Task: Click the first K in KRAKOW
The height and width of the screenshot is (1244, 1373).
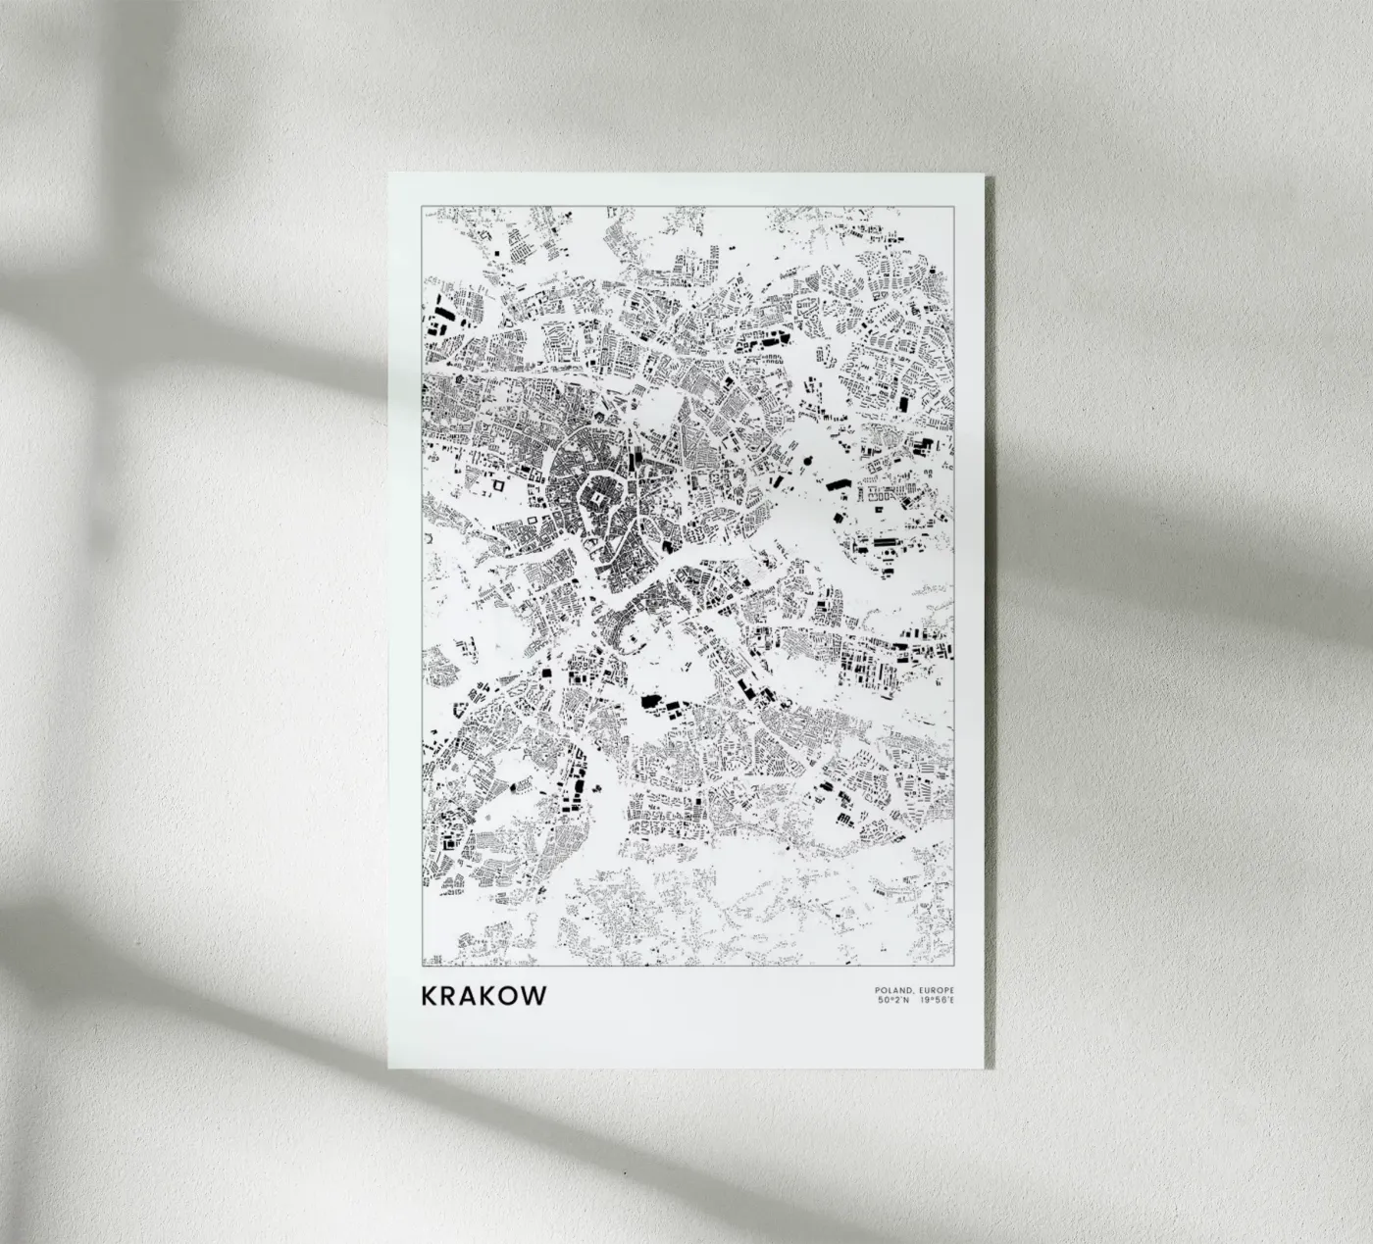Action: pyautogui.click(x=430, y=995)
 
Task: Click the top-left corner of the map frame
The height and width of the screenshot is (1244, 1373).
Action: pyautogui.click(x=422, y=208)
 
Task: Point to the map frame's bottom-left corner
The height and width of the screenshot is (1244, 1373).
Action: pyautogui.click(x=422, y=965)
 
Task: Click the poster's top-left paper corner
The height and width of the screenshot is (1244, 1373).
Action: pyautogui.click(x=388, y=174)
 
